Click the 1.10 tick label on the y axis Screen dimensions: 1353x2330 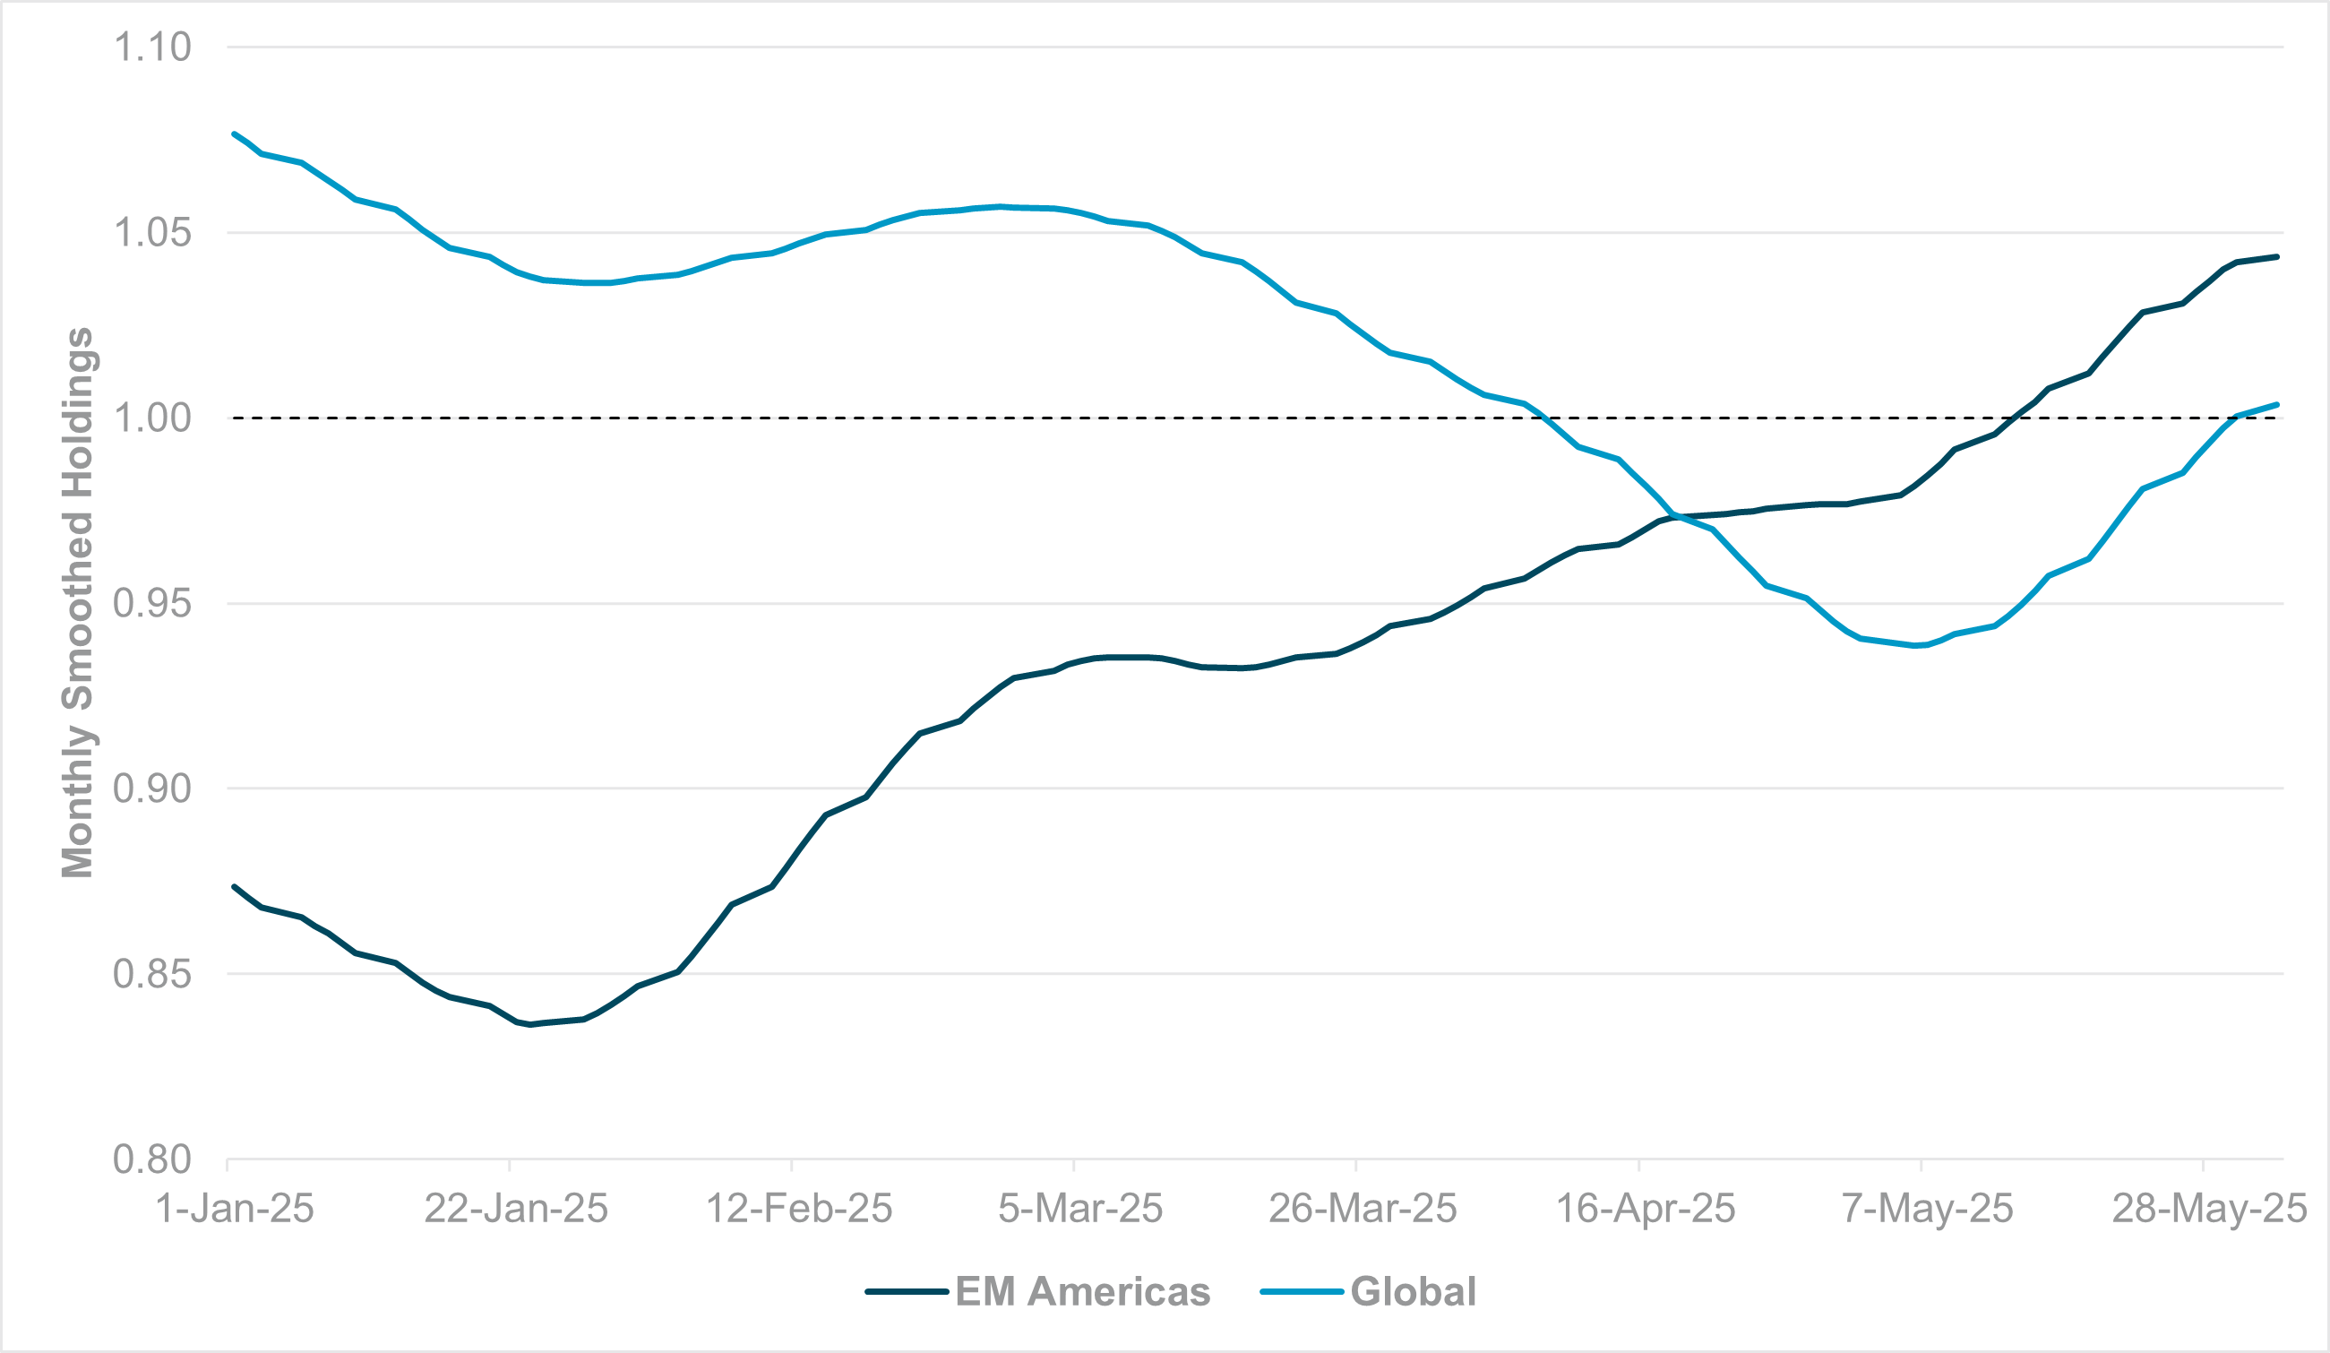click(x=151, y=47)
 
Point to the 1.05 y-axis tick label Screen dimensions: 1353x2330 click(x=151, y=233)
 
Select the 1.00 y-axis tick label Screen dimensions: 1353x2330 click(x=151, y=418)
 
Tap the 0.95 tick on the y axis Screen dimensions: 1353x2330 click(x=151, y=604)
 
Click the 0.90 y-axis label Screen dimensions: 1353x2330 click(x=151, y=789)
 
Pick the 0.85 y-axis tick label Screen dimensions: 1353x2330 click(x=151, y=975)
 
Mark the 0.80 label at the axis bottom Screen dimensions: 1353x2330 click(x=151, y=1159)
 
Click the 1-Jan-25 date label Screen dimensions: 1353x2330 click(x=235, y=1210)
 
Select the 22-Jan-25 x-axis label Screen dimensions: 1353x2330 click(x=516, y=1210)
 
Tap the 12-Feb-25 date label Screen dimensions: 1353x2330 click(x=799, y=1210)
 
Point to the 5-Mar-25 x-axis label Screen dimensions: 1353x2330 click(x=1080, y=1210)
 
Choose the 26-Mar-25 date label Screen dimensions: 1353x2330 click(x=1362, y=1210)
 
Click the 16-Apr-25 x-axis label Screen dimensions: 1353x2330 click(x=1646, y=1210)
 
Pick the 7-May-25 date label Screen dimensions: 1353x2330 click(x=1927, y=1210)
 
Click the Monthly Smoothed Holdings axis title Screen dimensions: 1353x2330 click(x=78, y=603)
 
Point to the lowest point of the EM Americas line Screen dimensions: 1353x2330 click(x=529, y=1025)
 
